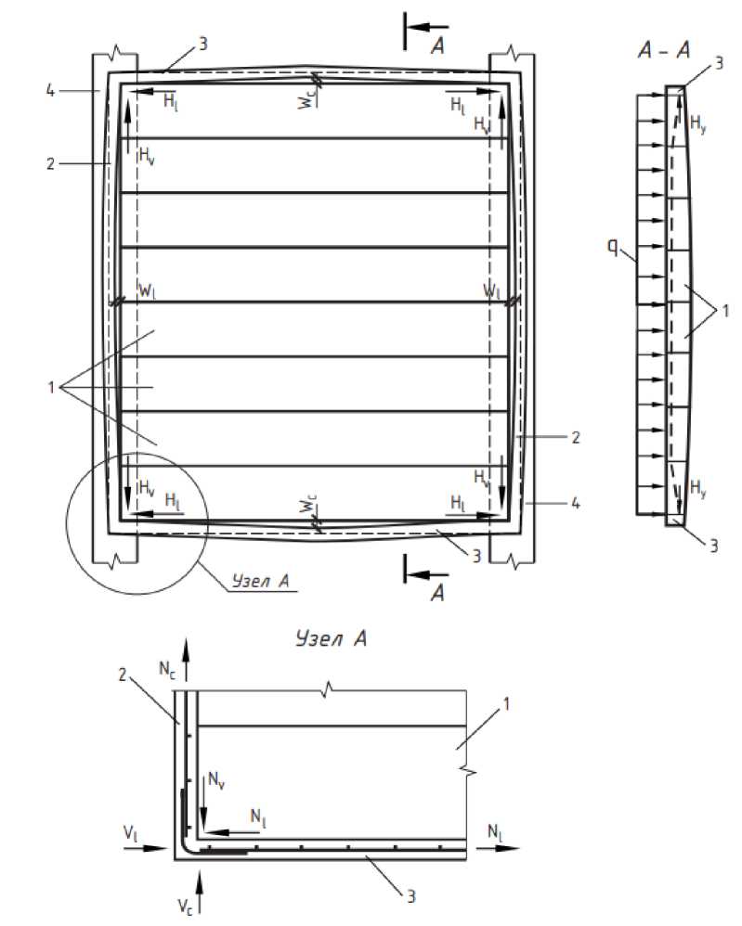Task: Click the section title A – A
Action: [x=664, y=50]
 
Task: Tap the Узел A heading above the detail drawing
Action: [x=332, y=638]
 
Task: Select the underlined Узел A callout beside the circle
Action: [x=260, y=581]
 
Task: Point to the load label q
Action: [x=613, y=247]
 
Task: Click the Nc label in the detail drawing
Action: [x=167, y=669]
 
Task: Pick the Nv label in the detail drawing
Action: [x=216, y=780]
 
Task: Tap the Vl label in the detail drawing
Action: [x=131, y=833]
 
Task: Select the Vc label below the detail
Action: [x=185, y=907]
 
